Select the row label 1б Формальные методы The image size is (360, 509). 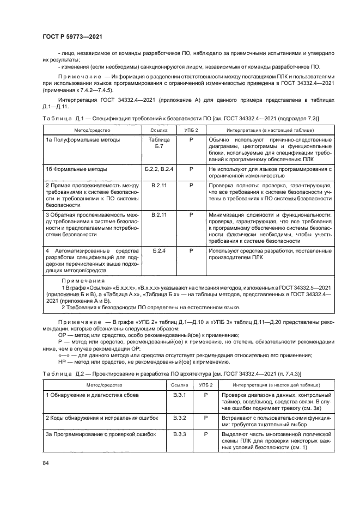point(72,169)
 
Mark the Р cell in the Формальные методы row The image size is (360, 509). point(192,169)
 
